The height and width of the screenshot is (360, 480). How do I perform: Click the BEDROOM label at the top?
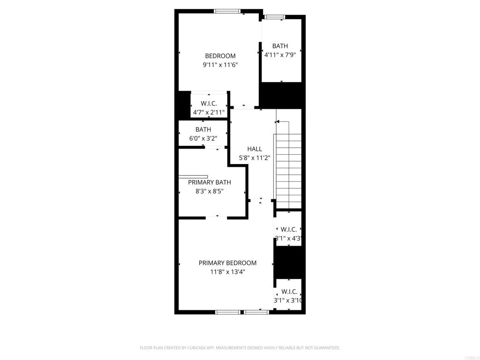click(220, 56)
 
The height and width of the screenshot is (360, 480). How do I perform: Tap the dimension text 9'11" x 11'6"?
click(220, 65)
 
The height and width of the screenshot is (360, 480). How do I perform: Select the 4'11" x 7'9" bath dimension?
click(280, 54)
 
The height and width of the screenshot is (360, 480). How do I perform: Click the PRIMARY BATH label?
click(210, 182)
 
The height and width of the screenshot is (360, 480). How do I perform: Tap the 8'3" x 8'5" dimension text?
click(210, 191)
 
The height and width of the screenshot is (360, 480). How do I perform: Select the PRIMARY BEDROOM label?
click(227, 263)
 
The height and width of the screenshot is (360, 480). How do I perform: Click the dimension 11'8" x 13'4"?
click(227, 272)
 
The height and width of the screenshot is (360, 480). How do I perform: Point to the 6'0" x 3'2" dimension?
click(203, 138)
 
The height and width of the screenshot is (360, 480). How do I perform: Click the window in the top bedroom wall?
click(227, 11)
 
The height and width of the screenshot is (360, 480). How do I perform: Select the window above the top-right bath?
click(274, 17)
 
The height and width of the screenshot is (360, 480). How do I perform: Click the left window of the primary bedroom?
click(228, 312)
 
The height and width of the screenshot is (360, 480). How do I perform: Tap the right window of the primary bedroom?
click(256, 312)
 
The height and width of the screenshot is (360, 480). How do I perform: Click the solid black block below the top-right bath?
click(282, 95)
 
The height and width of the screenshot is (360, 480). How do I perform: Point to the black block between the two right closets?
click(288, 262)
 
